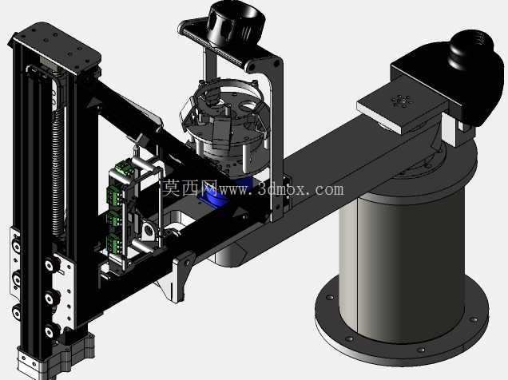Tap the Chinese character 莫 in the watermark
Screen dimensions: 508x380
[172, 188]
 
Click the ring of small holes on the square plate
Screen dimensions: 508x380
[402, 101]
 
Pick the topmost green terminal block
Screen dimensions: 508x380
[124, 168]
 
